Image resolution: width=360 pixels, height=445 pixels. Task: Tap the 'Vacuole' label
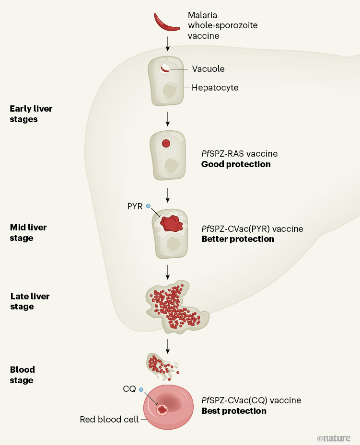208,69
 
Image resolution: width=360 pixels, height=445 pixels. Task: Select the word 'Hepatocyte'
215,88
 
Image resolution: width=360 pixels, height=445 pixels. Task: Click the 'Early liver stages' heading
31,114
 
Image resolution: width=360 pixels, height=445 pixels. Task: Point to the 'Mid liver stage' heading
28,233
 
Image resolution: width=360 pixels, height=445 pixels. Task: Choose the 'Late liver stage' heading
30,301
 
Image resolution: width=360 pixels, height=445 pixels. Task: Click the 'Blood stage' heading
22,375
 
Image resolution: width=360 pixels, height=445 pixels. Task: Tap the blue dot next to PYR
149,206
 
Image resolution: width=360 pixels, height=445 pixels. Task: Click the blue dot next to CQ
141,390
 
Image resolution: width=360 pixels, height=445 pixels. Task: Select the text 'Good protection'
235,164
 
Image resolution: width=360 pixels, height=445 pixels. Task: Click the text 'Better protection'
238,239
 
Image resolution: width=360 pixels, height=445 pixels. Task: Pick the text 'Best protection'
233,411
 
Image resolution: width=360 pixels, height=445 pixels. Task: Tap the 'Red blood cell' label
109,420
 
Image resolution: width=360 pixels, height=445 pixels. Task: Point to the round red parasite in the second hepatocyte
166,143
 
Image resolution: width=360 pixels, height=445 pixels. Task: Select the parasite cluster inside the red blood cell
163,410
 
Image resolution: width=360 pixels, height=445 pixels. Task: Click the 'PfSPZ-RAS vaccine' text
239,154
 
